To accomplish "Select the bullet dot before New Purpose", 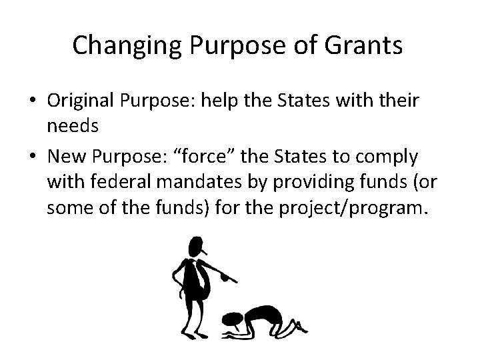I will coord(31,157).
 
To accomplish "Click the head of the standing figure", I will coord(195,246).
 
